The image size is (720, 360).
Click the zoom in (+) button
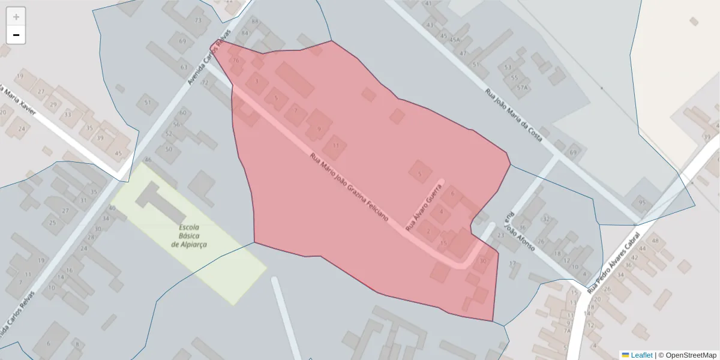click(16, 17)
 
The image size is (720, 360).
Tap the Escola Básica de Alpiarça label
click(189, 236)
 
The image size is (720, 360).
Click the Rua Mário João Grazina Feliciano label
click(349, 187)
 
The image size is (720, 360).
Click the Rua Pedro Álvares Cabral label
click(615, 262)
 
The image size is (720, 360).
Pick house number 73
click(198, 20)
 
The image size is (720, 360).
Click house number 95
click(643, 203)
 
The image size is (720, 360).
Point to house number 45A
click(455, 40)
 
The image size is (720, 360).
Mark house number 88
click(255, 22)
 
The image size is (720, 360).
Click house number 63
click(184, 68)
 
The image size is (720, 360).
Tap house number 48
click(655, 241)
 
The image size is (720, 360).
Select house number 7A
click(566, 331)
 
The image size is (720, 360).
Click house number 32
click(545, 219)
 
